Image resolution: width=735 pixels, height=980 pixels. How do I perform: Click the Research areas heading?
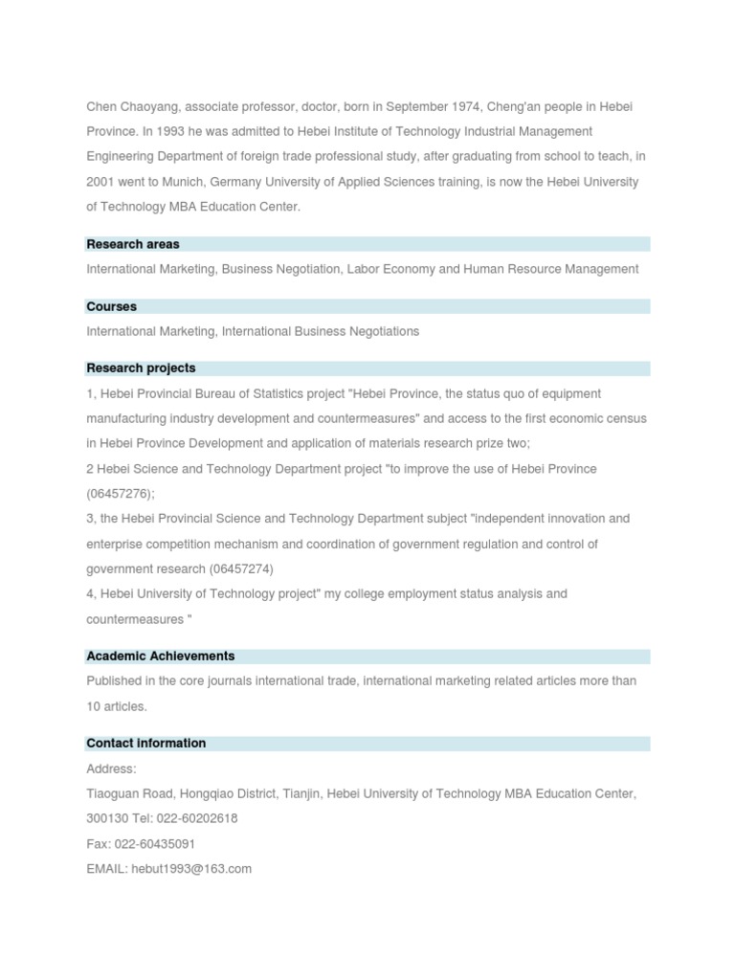(x=133, y=244)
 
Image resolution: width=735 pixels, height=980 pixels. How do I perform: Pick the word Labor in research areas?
(x=363, y=269)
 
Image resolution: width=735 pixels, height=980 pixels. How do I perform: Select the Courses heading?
(x=112, y=306)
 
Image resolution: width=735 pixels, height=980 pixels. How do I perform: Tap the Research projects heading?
(x=141, y=367)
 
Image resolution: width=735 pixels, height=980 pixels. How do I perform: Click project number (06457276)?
(x=121, y=494)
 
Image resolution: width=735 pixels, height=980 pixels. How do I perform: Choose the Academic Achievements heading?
(x=161, y=656)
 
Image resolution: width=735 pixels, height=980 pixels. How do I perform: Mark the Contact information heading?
(x=146, y=743)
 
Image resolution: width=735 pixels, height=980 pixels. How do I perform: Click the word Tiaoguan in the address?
(x=114, y=793)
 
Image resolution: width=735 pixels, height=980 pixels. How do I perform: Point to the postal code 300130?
(x=107, y=818)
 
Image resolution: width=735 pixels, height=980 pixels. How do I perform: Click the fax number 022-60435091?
(x=155, y=844)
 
